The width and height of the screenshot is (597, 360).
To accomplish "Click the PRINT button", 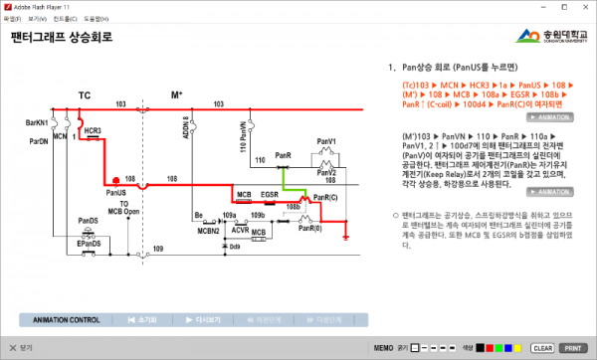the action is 572,349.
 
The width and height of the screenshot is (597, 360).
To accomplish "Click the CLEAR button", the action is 542,349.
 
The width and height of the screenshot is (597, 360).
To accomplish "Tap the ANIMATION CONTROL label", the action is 67,320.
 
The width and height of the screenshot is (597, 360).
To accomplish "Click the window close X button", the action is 586,6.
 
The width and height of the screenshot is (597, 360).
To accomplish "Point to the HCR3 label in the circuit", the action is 93,130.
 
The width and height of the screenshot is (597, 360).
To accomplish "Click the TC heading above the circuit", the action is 85,95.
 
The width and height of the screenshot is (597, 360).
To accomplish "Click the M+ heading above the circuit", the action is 177,95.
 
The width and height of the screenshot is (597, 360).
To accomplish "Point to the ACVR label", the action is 240,229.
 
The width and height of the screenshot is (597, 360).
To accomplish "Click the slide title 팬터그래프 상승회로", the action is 61,38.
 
